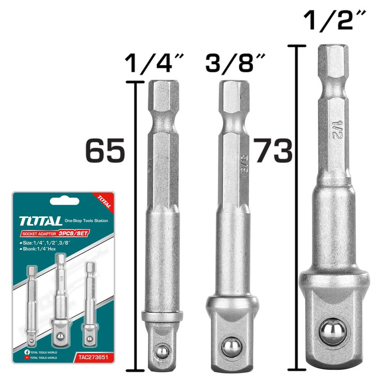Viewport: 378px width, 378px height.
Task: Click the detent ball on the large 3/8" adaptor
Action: (x=230, y=347)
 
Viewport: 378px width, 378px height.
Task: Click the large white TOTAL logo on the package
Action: (x=40, y=221)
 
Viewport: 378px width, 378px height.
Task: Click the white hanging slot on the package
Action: (x=63, y=201)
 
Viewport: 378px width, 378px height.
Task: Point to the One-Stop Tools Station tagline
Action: (x=86, y=221)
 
